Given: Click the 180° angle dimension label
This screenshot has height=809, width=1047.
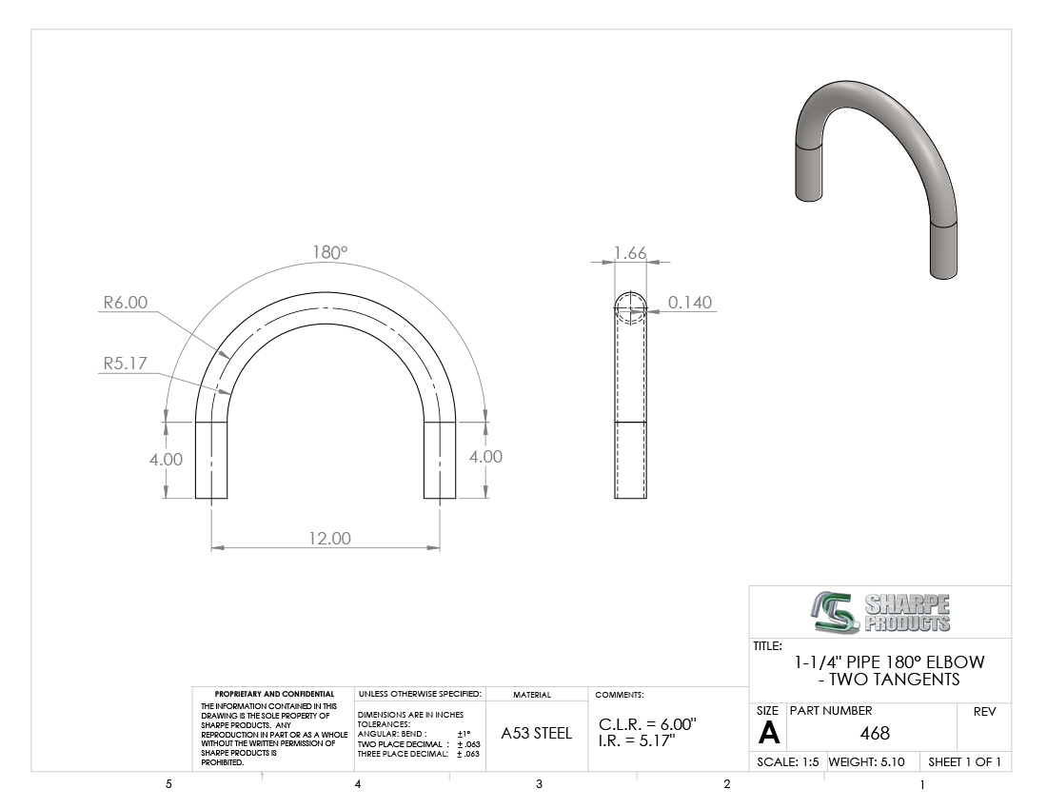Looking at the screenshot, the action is click(x=330, y=252).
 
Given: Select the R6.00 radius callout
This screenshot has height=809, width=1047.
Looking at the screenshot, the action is click(x=125, y=303).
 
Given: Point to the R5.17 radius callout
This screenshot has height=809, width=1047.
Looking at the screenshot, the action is click(x=125, y=364).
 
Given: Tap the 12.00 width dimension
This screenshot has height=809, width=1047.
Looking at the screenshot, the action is click(x=329, y=538).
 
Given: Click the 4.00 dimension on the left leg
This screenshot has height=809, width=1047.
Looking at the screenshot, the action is click(x=166, y=460).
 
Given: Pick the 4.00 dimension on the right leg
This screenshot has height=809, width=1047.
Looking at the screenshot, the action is click(x=485, y=457).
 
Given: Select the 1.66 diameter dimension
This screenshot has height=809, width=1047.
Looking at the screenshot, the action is click(x=630, y=253).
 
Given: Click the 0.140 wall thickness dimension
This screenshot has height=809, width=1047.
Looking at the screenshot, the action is click(x=690, y=303).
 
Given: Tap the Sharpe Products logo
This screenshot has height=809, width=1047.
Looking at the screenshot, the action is click(x=880, y=612).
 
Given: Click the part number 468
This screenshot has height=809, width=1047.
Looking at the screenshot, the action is click(x=875, y=734).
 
